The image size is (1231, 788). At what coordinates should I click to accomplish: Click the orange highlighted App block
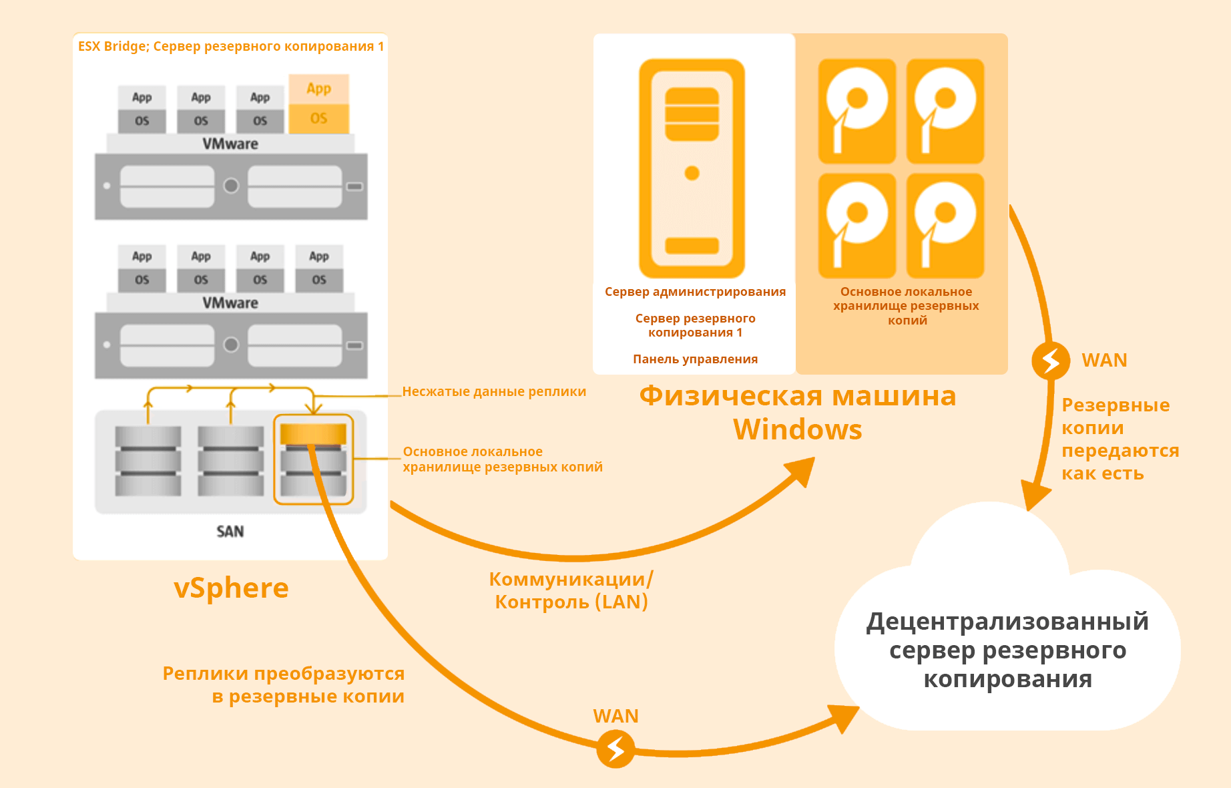pos(319,89)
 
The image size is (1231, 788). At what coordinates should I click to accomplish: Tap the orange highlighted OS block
pos(319,118)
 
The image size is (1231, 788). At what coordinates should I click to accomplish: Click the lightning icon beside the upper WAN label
pos(1050,361)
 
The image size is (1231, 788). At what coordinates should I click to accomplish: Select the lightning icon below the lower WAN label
pos(615,749)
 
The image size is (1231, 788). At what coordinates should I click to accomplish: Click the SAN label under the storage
pos(230,532)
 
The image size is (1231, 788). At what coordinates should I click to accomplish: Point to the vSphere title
pos(231,588)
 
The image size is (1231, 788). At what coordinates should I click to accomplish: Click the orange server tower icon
pos(692,168)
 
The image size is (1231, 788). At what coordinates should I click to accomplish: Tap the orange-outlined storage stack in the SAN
pos(313,459)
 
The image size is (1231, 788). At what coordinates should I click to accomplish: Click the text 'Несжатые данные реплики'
pos(494,391)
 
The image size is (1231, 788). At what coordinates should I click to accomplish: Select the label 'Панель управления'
pos(695,359)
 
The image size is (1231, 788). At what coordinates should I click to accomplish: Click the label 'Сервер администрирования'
pos(695,292)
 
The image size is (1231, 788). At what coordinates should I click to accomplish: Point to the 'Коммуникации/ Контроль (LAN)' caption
pos(571,590)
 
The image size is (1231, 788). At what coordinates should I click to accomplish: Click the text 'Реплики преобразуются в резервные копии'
pos(284,684)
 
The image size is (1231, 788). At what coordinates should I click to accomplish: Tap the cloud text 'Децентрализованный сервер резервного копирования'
pos(1007,650)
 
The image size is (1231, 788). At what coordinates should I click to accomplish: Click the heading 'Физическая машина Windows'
pos(798,412)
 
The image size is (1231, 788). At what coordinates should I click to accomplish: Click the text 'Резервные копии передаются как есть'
pos(1120,439)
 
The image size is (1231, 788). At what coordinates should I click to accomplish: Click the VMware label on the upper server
pos(230,144)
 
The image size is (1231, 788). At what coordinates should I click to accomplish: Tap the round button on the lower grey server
pos(231,345)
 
